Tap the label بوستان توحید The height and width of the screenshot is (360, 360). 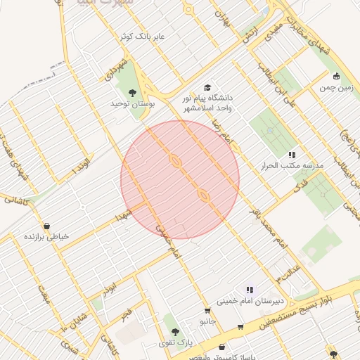pos(131,104)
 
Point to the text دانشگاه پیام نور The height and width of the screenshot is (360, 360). pos(212,99)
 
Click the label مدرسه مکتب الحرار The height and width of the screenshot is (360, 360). pos(292,165)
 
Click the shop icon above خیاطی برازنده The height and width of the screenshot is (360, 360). pos(46,226)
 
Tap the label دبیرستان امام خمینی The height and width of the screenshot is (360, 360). pos(255,302)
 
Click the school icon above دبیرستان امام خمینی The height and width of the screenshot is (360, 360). pos(249,289)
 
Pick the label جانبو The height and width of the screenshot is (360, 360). pos(207,321)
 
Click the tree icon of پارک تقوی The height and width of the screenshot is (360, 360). pos(174,332)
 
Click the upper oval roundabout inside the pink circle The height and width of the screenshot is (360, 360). pos(174,161)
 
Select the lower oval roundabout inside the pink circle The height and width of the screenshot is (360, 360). pos(203,194)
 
